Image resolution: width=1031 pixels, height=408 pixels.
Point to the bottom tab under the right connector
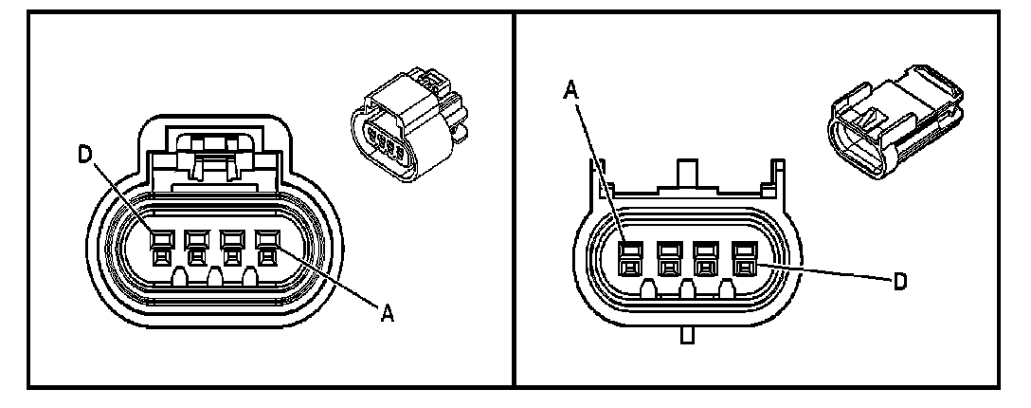click(685, 334)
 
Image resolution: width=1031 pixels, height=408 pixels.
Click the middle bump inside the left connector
click(214, 278)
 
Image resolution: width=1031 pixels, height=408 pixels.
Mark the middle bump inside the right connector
click(685, 288)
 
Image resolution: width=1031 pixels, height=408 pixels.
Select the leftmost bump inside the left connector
click(177, 278)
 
